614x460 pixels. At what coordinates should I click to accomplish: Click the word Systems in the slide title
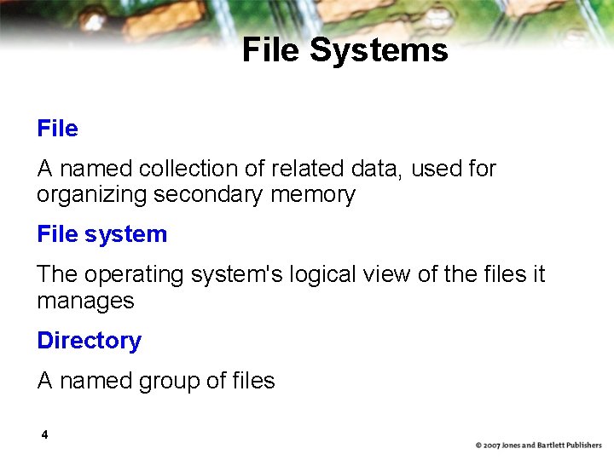point(379,50)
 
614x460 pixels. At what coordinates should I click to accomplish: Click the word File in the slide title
point(271,50)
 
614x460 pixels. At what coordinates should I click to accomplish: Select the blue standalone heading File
point(57,129)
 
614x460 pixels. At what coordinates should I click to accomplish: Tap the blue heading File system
point(101,234)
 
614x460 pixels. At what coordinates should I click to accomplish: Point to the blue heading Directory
point(89,341)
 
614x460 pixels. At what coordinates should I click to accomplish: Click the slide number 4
point(44,435)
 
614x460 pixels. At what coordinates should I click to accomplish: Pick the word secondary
point(208,195)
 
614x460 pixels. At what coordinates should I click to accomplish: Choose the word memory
point(312,195)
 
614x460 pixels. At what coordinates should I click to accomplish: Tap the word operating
point(137,275)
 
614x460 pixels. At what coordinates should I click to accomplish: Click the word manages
point(85,301)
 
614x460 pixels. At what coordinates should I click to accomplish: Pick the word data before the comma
point(373,169)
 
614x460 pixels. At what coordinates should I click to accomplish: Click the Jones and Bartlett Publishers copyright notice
point(538,446)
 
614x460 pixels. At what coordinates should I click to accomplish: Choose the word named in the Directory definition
point(90,381)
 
